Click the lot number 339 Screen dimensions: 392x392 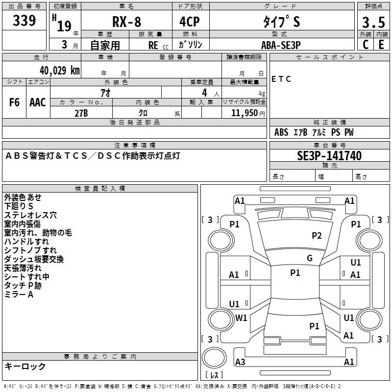(x=24, y=21)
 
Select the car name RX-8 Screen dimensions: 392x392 (x=126, y=22)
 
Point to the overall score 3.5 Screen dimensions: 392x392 (x=373, y=23)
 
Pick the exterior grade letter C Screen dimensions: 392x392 (x=365, y=44)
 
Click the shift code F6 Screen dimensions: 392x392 (x=15, y=102)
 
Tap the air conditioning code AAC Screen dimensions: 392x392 (x=37, y=102)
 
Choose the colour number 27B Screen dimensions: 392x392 (x=81, y=113)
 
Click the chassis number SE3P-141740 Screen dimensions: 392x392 (x=329, y=156)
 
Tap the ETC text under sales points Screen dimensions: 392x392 (x=281, y=79)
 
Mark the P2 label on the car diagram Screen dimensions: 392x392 (x=317, y=236)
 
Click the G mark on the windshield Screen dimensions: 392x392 (x=309, y=258)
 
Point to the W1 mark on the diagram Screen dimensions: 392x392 (x=241, y=318)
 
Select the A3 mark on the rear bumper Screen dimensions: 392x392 (x=240, y=362)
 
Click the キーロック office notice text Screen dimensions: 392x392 (x=25, y=366)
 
